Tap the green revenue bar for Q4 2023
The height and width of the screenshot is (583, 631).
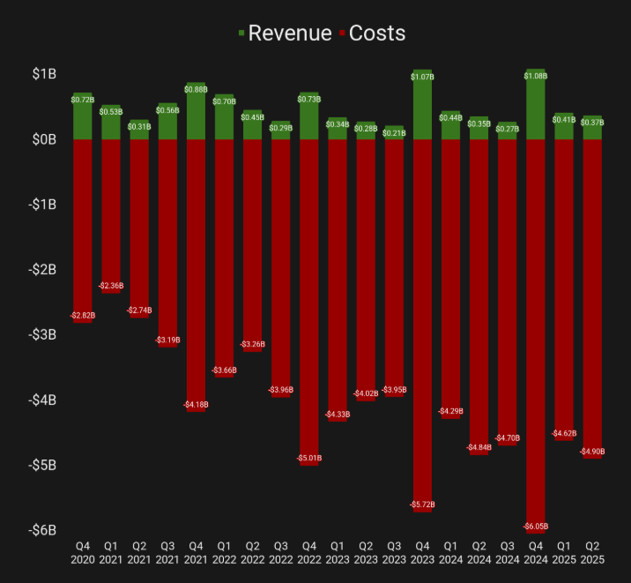(x=422, y=106)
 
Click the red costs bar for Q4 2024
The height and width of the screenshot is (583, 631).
(x=535, y=335)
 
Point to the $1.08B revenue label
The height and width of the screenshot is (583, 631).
(x=535, y=76)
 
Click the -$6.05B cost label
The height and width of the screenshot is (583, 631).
(x=535, y=527)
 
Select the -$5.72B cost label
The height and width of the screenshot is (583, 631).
(x=422, y=505)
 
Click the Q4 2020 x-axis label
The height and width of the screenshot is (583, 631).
(x=83, y=553)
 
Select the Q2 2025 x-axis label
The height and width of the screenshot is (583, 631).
(x=591, y=553)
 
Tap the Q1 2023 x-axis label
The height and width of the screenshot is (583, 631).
(x=338, y=553)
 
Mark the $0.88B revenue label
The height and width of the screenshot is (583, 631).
(x=196, y=89)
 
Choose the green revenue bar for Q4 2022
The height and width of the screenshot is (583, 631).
(x=309, y=116)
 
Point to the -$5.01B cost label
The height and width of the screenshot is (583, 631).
(x=309, y=459)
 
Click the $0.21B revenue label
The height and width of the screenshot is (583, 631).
(x=394, y=132)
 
